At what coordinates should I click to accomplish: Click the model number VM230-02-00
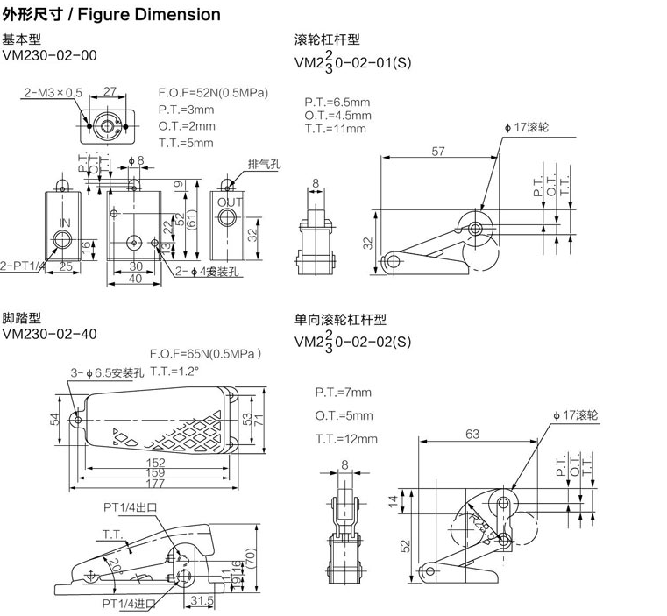(49, 55)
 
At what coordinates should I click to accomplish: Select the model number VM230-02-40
(49, 333)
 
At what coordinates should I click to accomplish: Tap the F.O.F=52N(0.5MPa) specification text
(213, 93)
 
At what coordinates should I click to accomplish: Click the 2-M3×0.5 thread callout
(53, 91)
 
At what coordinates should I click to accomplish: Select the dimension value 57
(437, 151)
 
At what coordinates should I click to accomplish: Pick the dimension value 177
(156, 483)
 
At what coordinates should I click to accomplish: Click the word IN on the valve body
(64, 223)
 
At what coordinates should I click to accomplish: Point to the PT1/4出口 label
(128, 505)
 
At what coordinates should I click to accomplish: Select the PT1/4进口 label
(128, 604)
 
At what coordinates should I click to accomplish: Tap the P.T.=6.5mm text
(337, 102)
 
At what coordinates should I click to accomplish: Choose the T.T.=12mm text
(346, 438)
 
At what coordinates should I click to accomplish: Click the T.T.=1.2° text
(175, 371)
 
